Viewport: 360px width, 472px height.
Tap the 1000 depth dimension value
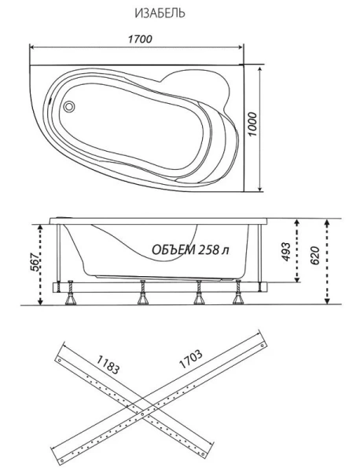253,124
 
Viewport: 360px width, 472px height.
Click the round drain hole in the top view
68,105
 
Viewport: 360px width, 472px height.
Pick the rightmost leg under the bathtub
236,295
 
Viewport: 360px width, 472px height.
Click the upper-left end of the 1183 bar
58,356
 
